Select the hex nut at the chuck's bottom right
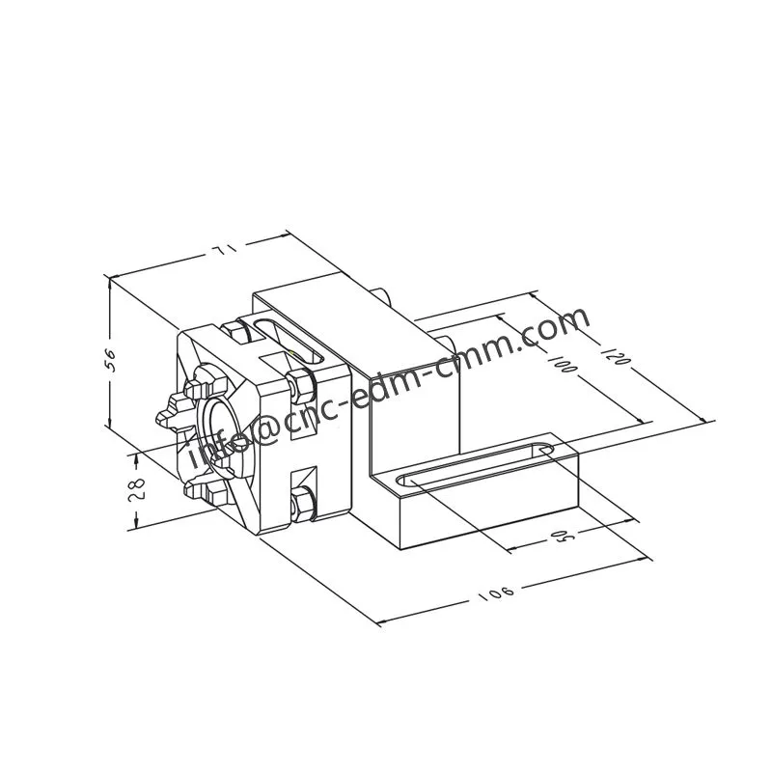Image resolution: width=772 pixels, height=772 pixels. pos(303,503)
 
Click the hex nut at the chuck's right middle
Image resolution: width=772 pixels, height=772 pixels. pos(300,385)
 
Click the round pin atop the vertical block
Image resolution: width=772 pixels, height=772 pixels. pos(383,292)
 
